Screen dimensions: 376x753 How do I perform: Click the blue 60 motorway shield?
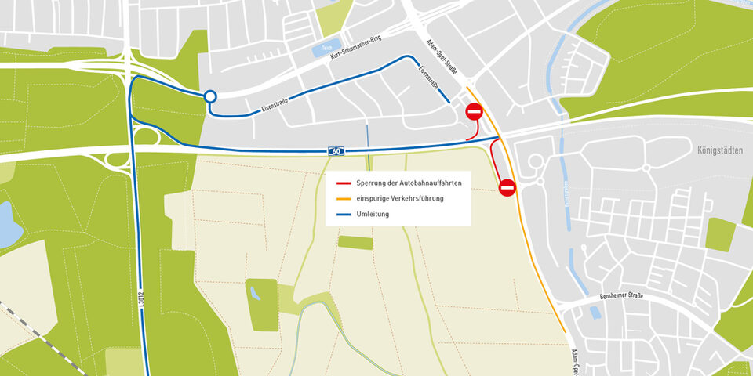pos(335,150)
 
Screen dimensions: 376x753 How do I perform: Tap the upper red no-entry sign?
pos(475,112)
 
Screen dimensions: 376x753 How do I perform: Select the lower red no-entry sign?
pos(507,187)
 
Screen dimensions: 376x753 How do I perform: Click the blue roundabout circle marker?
pos(209,97)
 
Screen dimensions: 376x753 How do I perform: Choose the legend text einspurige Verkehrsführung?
pos(400,198)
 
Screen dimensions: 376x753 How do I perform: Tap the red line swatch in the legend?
pos(343,183)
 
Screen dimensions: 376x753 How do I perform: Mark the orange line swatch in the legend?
pos(343,199)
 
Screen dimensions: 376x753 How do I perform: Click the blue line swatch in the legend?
pos(343,214)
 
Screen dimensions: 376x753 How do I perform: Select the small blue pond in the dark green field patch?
pos(256,293)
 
